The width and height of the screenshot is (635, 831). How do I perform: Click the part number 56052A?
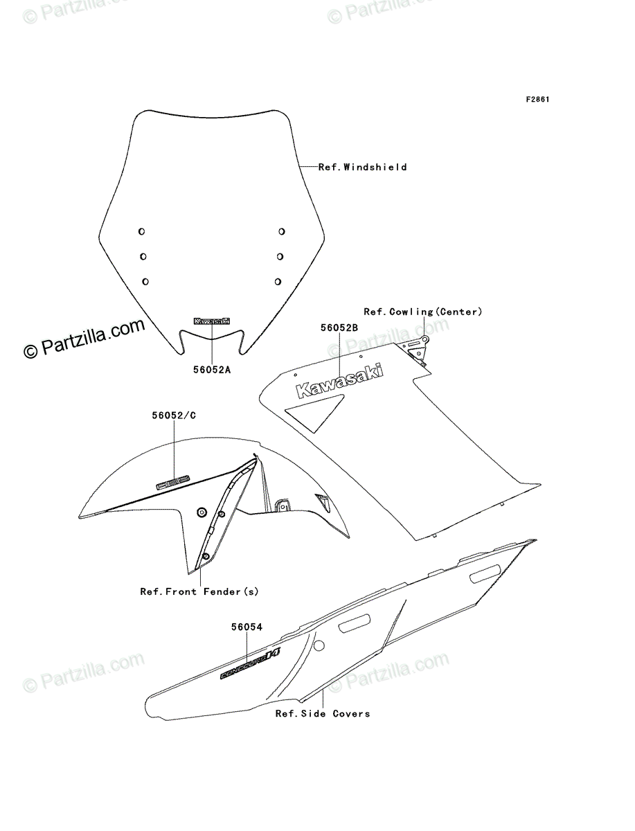tap(211, 370)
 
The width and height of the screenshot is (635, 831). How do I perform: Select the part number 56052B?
tap(339, 328)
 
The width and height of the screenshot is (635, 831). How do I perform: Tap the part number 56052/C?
tap(173, 416)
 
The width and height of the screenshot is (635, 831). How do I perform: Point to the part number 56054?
tap(247, 627)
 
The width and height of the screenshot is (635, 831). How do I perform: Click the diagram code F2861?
tap(537, 100)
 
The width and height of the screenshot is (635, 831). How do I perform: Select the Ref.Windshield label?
tap(362, 167)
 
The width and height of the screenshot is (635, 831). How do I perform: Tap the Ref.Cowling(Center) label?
tap(422, 312)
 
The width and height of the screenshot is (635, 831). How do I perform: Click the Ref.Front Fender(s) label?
tap(199, 591)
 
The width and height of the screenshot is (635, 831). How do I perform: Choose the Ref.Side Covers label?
tap(322, 713)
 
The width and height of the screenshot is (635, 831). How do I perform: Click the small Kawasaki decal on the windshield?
tap(212, 321)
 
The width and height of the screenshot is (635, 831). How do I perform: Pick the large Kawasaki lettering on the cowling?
tap(340, 381)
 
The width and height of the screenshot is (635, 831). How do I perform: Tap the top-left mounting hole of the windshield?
tap(141, 231)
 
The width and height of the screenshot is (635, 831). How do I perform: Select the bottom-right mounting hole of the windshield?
tap(278, 281)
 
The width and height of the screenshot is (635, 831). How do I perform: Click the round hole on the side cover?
tap(319, 646)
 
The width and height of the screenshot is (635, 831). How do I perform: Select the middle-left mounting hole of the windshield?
tap(143, 256)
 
